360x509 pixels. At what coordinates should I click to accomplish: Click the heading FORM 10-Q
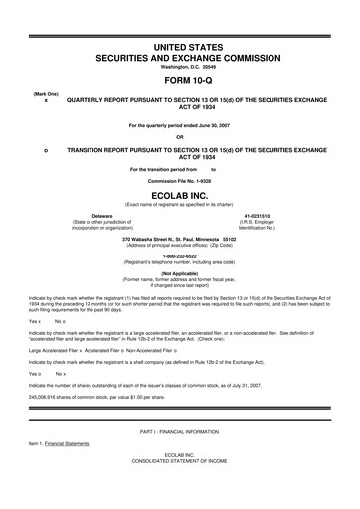(x=179, y=83)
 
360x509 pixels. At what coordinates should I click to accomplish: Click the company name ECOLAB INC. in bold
(x=179, y=196)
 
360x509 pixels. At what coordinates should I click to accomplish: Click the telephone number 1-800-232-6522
(x=179, y=254)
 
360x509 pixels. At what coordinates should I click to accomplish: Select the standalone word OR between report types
(x=179, y=136)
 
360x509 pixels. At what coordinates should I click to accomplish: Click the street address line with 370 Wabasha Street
(x=179, y=239)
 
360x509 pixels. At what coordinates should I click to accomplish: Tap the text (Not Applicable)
(x=179, y=272)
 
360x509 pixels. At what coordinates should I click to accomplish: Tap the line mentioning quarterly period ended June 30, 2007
(x=179, y=125)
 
